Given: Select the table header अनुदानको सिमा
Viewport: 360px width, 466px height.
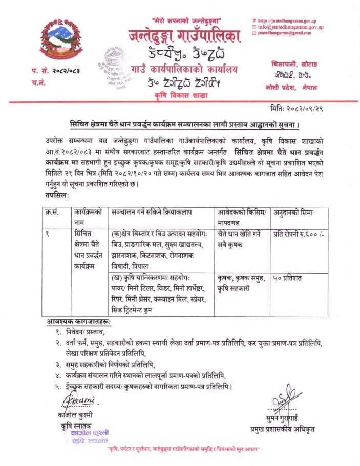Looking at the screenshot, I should click(292, 211).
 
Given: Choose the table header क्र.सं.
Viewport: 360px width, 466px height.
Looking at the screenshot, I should click(53, 211).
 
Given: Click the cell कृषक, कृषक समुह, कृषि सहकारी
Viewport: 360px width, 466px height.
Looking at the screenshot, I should click(241, 283).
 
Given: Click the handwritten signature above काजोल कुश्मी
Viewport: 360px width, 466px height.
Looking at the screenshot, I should click(77, 399).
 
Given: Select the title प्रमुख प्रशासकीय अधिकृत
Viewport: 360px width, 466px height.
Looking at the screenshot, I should click(282, 429).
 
